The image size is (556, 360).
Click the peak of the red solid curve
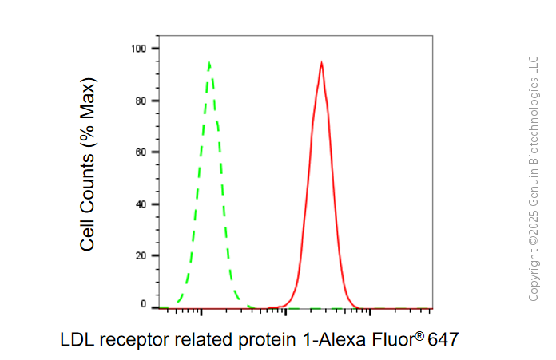(321, 63)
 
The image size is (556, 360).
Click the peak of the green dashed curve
(209, 63)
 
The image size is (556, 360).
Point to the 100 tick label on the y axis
(139, 49)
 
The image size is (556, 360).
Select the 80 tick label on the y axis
(141, 101)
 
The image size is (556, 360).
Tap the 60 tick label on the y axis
(141, 152)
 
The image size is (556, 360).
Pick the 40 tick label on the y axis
(141, 204)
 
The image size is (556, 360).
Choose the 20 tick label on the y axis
(141, 255)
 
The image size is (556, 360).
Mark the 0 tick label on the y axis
(143, 304)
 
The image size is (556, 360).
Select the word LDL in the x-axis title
(77, 339)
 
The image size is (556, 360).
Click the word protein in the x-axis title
(267, 340)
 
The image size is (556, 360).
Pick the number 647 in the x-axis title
(443, 339)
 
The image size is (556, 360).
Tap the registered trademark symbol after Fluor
(419, 335)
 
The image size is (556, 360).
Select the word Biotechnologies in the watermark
(534, 121)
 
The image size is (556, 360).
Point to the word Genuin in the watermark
(534, 187)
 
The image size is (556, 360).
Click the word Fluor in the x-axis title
(393, 339)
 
